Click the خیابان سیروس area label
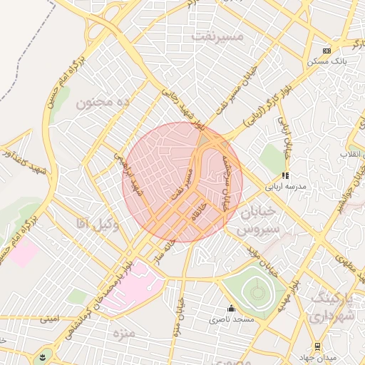250,222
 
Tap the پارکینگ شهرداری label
334,306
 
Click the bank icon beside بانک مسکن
327,51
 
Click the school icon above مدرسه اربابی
285,175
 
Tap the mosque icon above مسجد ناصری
230,309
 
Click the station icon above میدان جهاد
317,346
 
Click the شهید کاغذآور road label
14,153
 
